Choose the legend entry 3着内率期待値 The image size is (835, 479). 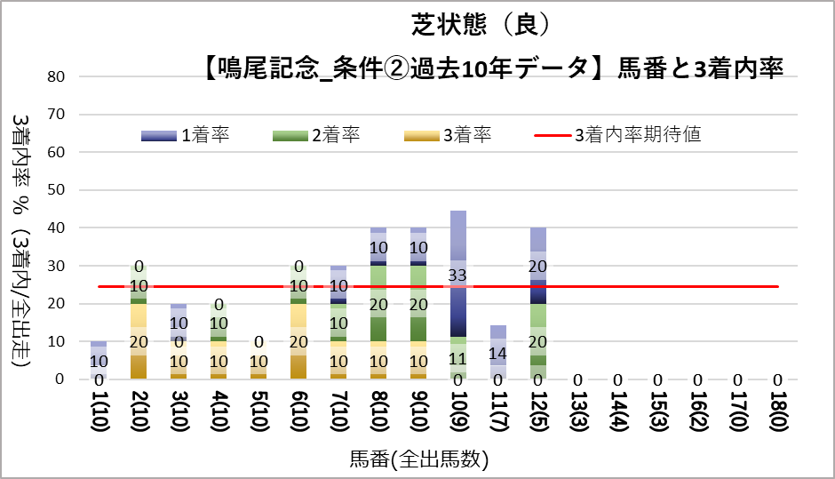coord(637,135)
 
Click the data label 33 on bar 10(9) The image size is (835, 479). coord(458,275)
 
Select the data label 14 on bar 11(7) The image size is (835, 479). coord(498,353)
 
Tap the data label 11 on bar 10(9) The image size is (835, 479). coord(458,359)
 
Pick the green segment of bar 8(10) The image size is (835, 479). coord(378,302)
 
